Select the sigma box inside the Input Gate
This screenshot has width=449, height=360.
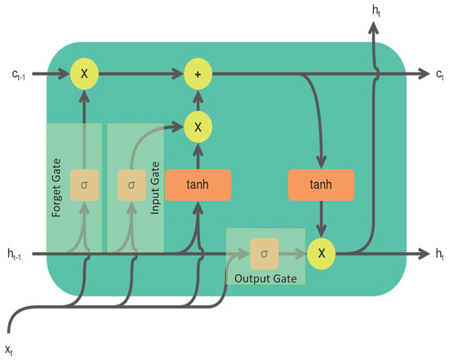(131, 185)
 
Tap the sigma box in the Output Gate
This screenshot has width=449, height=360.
(264, 254)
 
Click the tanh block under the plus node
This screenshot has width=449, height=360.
(198, 185)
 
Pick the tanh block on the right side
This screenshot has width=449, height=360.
(321, 185)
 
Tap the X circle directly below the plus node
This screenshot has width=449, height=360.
(198, 127)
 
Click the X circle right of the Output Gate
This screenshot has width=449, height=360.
(321, 254)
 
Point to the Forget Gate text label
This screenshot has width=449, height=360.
(57, 185)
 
